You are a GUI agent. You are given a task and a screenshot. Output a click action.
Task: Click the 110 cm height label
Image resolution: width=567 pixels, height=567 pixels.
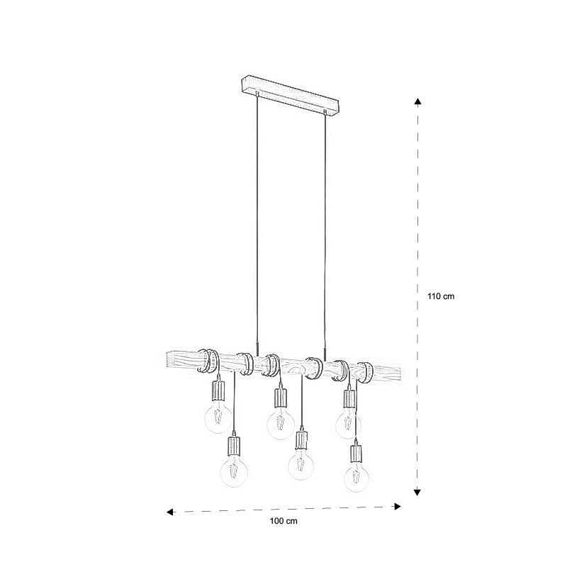pyautogui.click(x=441, y=296)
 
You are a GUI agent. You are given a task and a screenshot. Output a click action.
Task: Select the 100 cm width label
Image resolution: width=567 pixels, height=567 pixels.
pyautogui.click(x=283, y=521)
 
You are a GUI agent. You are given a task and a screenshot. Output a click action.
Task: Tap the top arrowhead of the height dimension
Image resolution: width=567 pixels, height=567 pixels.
pyautogui.click(x=417, y=101)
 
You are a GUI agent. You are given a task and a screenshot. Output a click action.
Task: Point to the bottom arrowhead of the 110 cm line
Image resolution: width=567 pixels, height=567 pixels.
pyautogui.click(x=417, y=492)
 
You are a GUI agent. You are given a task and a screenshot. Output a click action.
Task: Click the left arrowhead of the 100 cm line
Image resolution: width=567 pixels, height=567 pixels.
pyautogui.click(x=170, y=512)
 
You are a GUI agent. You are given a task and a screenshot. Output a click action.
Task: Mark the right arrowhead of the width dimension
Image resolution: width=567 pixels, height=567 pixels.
pyautogui.click(x=398, y=506)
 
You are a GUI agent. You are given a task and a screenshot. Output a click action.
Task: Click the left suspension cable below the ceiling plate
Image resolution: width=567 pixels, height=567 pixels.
pyautogui.click(x=257, y=224)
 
